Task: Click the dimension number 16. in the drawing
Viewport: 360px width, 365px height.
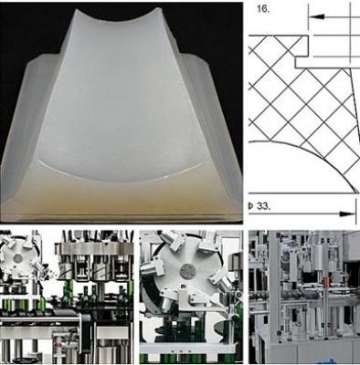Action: (263, 9)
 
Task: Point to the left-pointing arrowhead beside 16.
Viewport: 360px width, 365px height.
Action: (317, 17)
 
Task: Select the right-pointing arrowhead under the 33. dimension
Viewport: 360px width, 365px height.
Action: (347, 214)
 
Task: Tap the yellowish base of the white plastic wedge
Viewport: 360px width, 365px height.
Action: (122, 199)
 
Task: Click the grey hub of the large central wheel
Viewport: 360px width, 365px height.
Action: (186, 271)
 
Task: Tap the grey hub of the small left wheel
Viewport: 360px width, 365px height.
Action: (18, 258)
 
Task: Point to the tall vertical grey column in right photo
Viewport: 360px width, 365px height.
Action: (273, 286)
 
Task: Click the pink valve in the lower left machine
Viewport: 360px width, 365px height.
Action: (58, 344)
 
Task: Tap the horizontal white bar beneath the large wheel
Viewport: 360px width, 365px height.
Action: (188, 348)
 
